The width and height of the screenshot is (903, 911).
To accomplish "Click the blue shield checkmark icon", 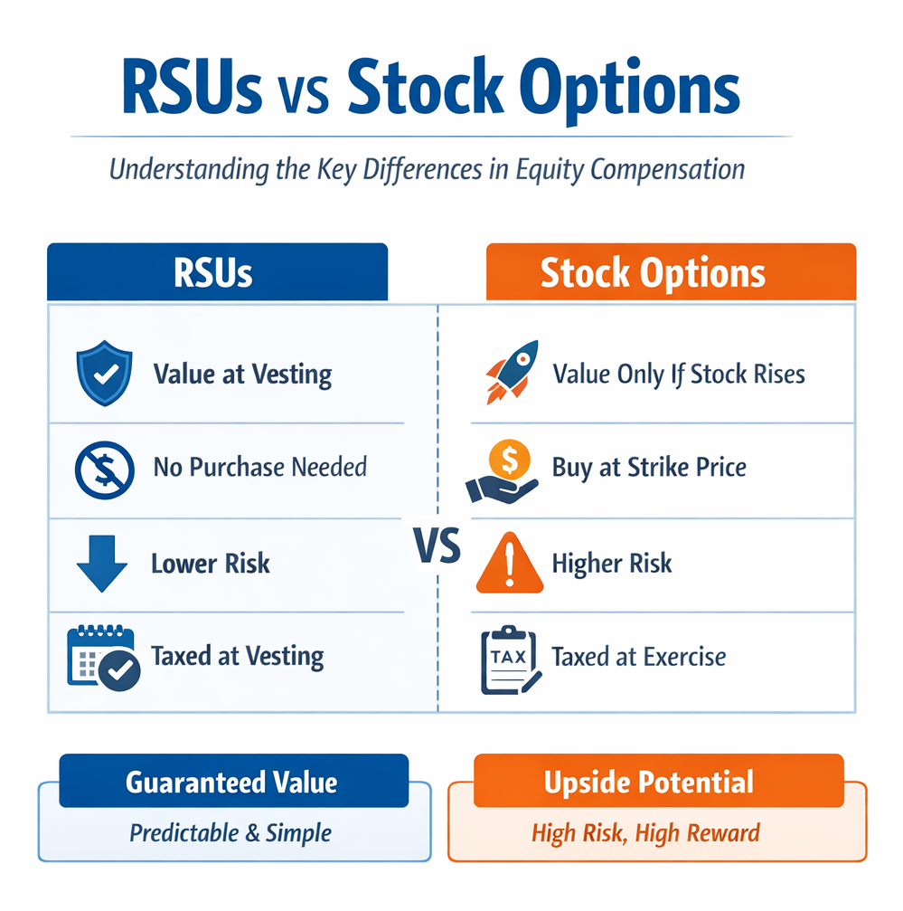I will tap(99, 373).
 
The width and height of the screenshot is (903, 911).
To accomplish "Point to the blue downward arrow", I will tap(100, 563).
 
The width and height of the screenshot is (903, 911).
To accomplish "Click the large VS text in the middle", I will tap(437, 546).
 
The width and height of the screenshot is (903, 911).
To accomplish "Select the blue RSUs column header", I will tap(217, 272).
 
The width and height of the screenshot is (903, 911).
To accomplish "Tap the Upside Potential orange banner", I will tap(648, 782).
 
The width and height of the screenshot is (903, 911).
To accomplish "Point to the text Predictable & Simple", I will tap(230, 832).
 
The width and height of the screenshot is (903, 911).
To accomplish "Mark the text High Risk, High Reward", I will tap(645, 832).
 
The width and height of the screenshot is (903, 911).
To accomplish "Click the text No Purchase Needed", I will tap(259, 468).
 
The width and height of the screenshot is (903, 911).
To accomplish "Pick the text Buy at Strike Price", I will tap(649, 468).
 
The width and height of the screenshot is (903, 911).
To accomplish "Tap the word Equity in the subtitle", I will tap(540, 169).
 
